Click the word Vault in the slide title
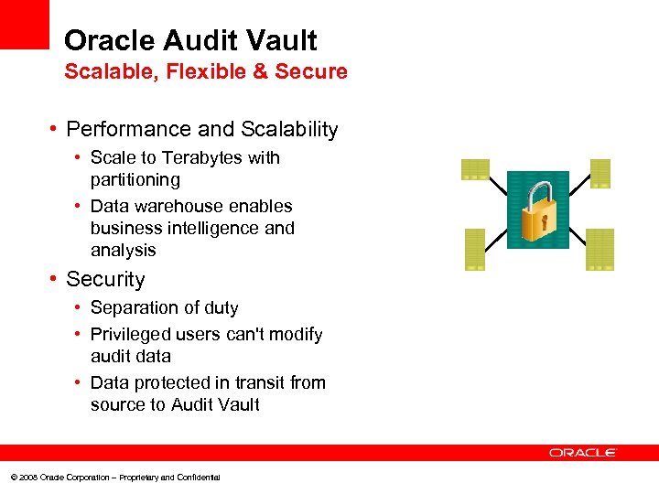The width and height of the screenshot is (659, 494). click(277, 41)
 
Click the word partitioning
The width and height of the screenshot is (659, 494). click(135, 180)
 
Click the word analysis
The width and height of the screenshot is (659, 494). click(124, 251)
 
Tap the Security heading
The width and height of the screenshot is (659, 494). click(105, 280)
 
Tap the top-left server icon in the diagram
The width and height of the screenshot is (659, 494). click(475, 169)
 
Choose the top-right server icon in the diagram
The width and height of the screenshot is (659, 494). click(600, 173)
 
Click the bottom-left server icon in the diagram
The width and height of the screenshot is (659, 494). click(474, 250)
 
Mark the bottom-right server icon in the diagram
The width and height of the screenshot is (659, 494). click(600, 250)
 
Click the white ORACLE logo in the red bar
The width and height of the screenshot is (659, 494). click(583, 453)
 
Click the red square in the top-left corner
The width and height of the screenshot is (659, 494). click(24, 24)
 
